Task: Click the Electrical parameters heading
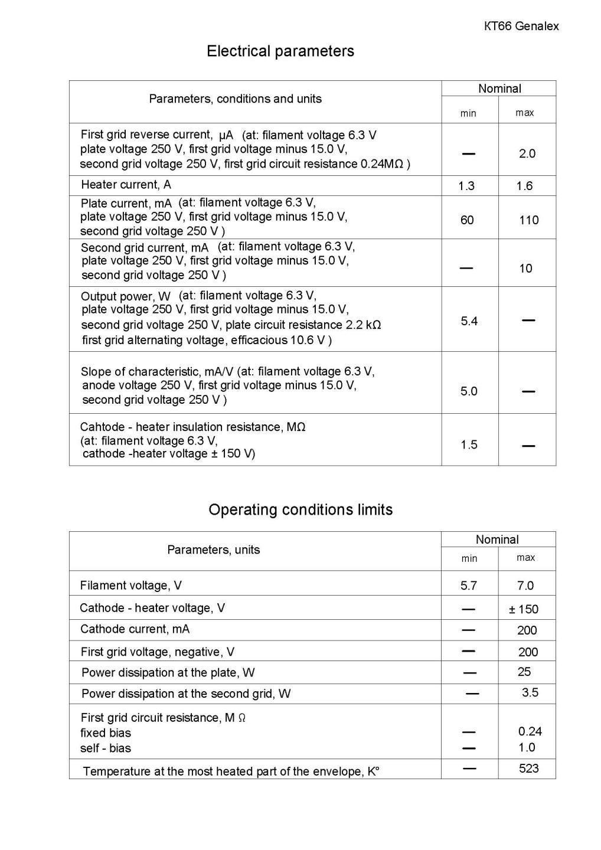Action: click(x=280, y=51)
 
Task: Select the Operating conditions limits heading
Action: click(x=300, y=509)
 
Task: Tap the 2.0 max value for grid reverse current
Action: click(x=527, y=153)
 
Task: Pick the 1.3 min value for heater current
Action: click(x=466, y=186)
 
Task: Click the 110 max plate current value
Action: click(x=528, y=220)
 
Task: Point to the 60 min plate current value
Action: click(x=467, y=220)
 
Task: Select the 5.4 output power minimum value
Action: click(x=469, y=321)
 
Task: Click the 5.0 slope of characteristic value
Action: click(x=469, y=391)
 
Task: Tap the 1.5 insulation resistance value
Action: click(x=469, y=444)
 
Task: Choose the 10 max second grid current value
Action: click(x=525, y=269)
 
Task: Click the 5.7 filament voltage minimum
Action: click(x=469, y=586)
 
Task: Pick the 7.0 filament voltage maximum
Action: click(x=525, y=586)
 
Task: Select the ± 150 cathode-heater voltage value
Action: click(x=524, y=609)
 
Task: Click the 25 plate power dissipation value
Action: click(x=524, y=672)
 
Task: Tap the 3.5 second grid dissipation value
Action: click(x=530, y=692)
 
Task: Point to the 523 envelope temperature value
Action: click(x=529, y=768)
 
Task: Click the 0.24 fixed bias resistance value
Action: click(x=530, y=731)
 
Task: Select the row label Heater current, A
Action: click(x=126, y=185)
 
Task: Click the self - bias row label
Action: click(x=106, y=748)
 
